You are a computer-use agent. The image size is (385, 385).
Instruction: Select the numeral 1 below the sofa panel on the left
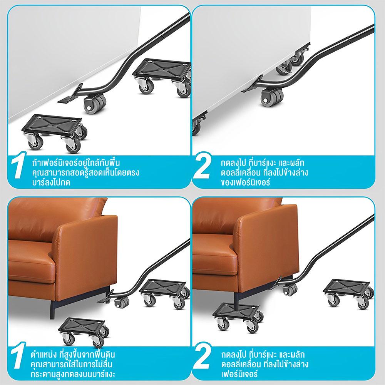(18, 355)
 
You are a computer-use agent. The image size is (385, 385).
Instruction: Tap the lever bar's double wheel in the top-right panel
(272, 97)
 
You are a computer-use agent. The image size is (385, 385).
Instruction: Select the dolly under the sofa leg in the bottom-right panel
(238, 317)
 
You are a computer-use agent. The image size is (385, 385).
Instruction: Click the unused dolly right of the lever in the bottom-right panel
(348, 293)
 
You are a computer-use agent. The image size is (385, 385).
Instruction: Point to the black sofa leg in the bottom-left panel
(52, 310)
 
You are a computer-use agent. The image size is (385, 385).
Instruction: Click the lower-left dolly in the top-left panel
(55, 133)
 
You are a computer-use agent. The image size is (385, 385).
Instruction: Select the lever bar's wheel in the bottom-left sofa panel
(122, 302)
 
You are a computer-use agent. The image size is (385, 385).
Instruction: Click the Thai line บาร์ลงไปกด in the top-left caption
(51, 182)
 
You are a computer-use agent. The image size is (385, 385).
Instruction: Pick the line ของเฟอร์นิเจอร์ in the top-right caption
(246, 182)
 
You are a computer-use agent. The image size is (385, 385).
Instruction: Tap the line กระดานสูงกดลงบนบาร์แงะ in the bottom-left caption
(73, 374)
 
